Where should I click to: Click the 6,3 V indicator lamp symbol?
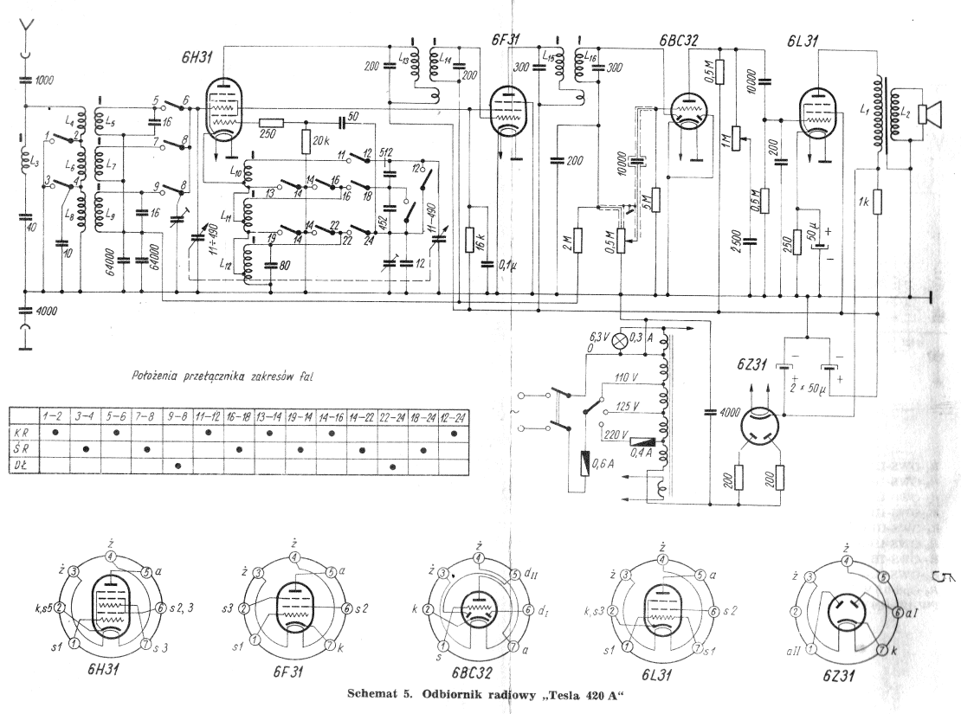pyautogui.click(x=619, y=340)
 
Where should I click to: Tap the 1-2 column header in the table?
pyautogui.click(x=55, y=416)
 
